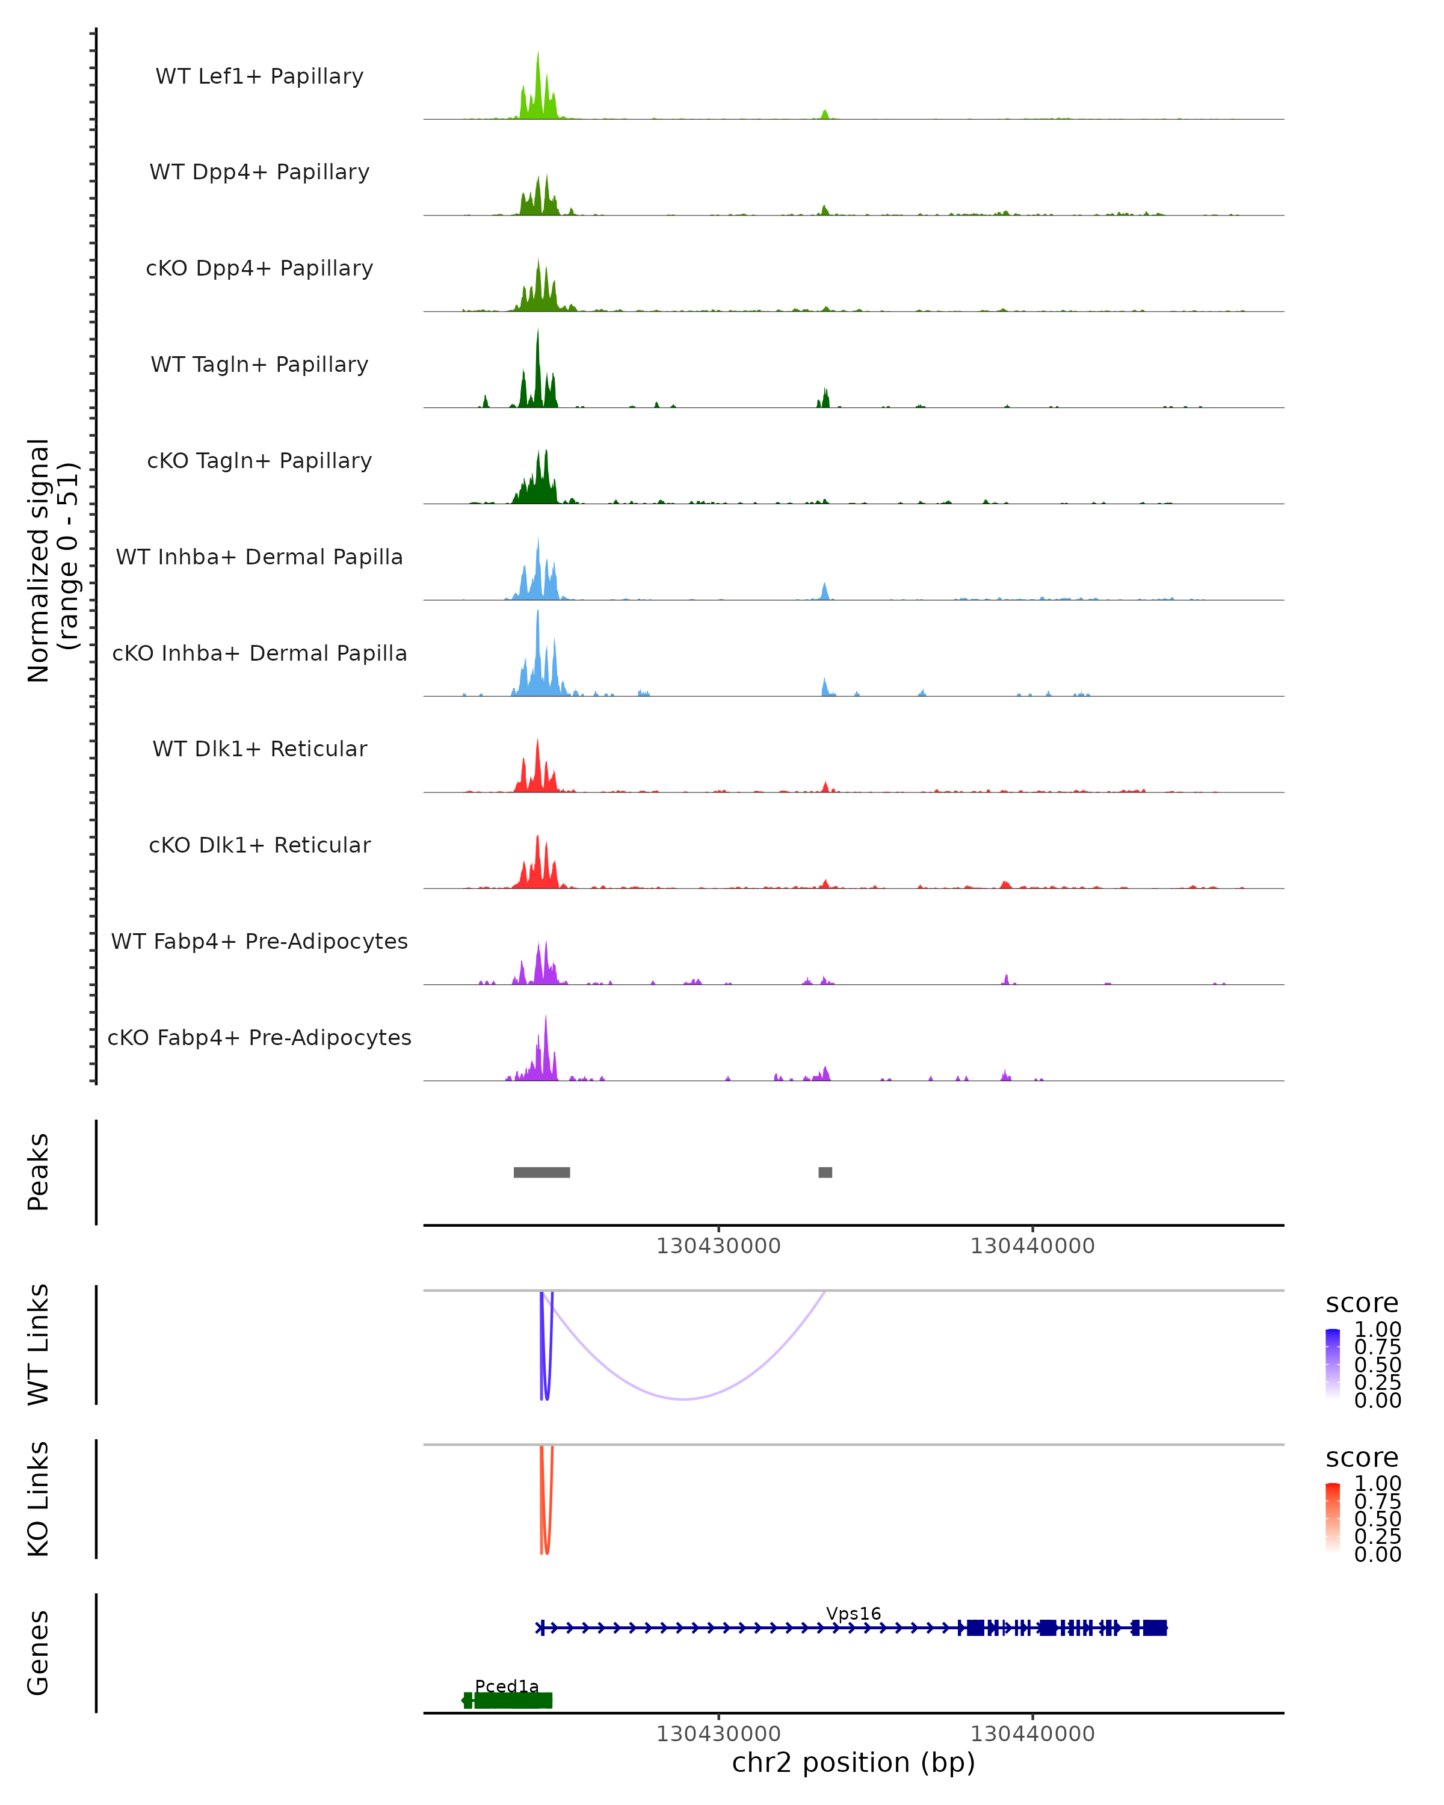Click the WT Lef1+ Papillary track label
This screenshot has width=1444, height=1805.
coord(259,76)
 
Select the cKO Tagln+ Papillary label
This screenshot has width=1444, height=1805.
coord(259,460)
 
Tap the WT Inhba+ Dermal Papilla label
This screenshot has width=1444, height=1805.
coord(259,557)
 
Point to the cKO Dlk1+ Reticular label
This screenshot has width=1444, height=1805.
coord(259,845)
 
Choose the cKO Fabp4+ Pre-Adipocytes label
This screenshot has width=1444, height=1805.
coord(259,1037)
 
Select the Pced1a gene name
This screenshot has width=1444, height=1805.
coord(507,1686)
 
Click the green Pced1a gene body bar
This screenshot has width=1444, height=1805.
coord(512,1700)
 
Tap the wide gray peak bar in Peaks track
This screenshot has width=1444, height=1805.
coord(541,1172)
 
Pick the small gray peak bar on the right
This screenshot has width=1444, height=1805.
coord(825,1172)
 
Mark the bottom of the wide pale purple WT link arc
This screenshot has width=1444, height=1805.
coord(684,1398)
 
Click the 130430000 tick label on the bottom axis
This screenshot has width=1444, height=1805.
coord(718,1734)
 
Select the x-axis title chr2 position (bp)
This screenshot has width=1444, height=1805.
coord(853,1762)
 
